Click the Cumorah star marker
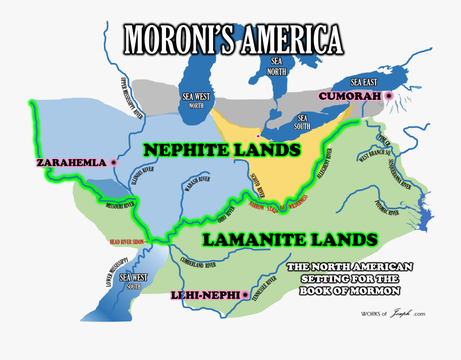click(x=389, y=95)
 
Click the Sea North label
click(x=276, y=66)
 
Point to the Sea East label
click(x=363, y=82)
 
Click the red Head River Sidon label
click(x=128, y=242)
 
